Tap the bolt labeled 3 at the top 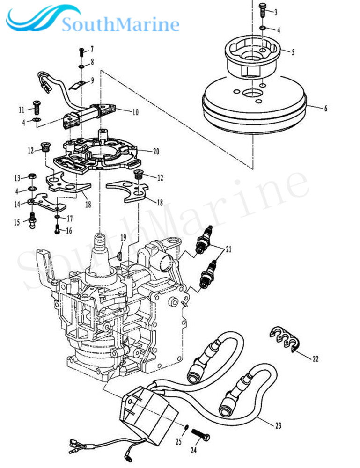coord(262,9)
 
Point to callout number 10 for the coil coord(135,112)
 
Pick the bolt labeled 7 coord(81,50)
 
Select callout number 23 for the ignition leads coord(278,425)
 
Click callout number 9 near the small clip coord(92,80)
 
